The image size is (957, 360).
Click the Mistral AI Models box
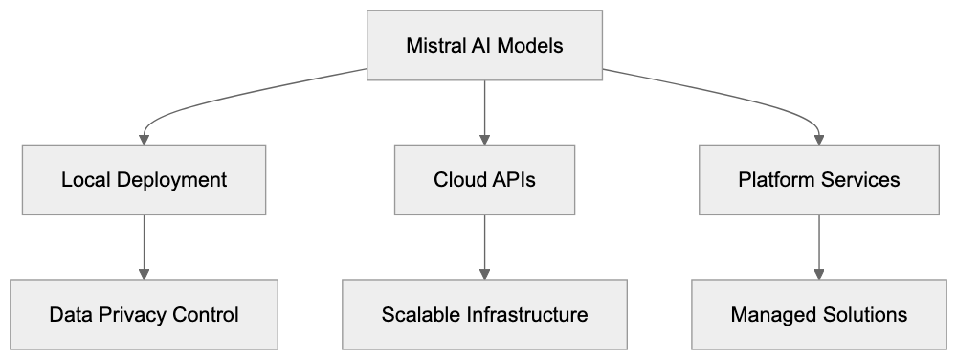point(484,45)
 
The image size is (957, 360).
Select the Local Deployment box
point(144,179)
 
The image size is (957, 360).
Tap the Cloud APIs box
point(484,179)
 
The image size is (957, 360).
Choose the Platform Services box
point(818,179)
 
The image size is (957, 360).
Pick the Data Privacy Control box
point(144,314)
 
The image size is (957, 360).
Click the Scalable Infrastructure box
point(484,314)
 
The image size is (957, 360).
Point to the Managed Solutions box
point(818,314)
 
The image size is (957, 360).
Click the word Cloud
point(458,179)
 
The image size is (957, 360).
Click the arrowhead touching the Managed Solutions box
point(818,274)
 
